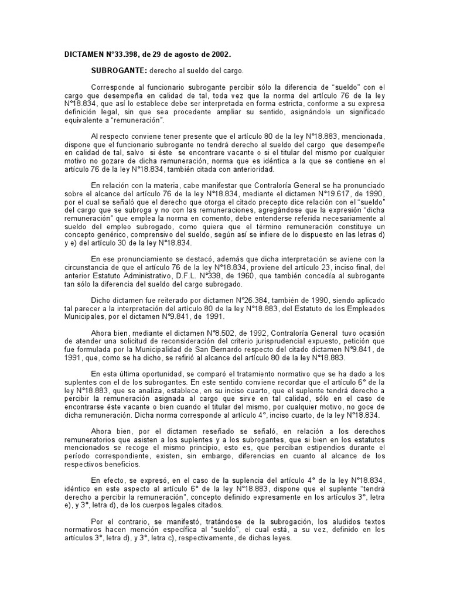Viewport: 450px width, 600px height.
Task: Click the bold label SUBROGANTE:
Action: (x=117, y=70)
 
